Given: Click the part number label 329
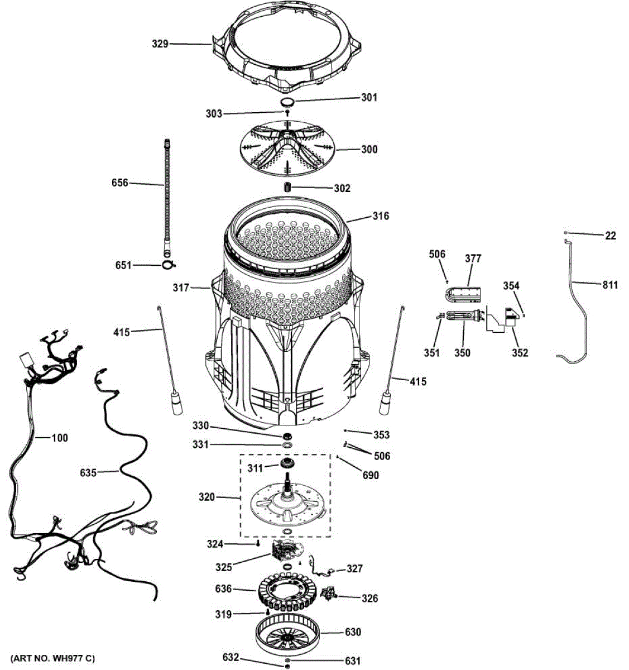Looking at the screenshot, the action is tap(160, 44).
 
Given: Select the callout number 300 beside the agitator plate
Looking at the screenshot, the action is tap(369, 149).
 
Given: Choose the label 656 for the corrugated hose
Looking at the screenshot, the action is tap(119, 183).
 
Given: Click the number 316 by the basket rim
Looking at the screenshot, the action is tap(381, 216).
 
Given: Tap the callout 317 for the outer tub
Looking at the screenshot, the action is tap(181, 288).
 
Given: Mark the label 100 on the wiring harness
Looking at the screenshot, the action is tap(59, 438).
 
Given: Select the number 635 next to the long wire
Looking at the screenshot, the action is tap(88, 473).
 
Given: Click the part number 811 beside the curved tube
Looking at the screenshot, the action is tap(609, 285).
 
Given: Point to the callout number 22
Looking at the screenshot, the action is tap(611, 236).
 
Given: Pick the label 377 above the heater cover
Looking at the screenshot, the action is tap(473, 259).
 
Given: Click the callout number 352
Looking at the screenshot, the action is tap(520, 353).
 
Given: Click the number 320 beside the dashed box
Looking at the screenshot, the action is tap(207, 496).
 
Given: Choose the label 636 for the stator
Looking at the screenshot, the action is tap(223, 588).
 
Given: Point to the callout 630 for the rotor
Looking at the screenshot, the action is tap(352, 632).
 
